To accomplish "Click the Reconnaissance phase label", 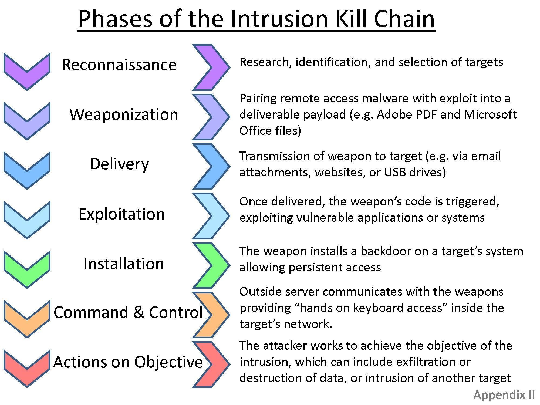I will [x=119, y=65].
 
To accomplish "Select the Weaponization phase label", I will [x=124, y=114].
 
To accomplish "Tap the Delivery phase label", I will [x=119, y=164].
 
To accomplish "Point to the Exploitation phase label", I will [x=122, y=214].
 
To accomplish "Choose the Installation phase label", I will [x=124, y=264].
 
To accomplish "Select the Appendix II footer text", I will [x=504, y=395].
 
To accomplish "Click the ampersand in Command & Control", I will [x=139, y=312].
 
